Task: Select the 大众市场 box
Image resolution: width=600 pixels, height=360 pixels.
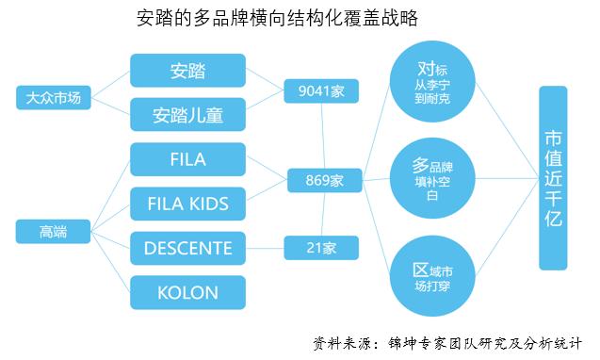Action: tap(54, 97)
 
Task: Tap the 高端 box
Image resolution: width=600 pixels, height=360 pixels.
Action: tap(54, 230)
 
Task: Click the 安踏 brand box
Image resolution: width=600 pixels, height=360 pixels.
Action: tap(187, 70)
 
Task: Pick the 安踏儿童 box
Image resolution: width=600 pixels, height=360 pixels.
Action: tap(187, 114)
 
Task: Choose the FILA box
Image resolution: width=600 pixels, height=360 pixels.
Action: tap(187, 158)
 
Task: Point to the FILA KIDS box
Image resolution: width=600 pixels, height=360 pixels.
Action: tap(187, 203)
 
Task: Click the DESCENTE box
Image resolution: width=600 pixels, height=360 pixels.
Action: tap(187, 248)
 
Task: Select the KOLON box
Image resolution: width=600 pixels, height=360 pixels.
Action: tap(187, 291)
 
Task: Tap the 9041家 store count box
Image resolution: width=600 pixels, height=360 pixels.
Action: tap(322, 90)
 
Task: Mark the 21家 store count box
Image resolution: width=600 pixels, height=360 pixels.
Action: tap(322, 248)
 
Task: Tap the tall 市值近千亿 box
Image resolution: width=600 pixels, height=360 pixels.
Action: tap(553, 177)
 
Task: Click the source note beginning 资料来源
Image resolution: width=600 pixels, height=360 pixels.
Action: tap(447, 341)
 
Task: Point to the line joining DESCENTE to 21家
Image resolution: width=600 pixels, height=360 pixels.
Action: tap(266, 248)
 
